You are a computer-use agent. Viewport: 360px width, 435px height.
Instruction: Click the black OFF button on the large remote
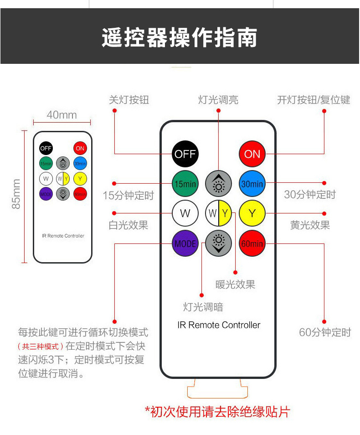pos(185,154)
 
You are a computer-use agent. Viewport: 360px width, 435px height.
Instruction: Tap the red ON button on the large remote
pos(252,154)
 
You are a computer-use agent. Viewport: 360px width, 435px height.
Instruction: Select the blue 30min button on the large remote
pos(252,184)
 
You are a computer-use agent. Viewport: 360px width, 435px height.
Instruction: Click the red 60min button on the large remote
pos(252,243)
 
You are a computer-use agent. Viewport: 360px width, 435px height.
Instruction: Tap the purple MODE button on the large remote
pos(185,243)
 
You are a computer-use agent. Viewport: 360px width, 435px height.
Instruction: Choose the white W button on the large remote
pos(185,213)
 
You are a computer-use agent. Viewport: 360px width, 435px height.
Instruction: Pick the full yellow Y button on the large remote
pos(252,213)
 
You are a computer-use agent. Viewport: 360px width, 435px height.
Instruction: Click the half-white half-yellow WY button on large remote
pos(219,213)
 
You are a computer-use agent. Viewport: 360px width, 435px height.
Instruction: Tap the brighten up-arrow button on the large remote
pos(219,184)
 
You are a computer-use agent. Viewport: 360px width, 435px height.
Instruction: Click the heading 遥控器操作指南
pos(180,37)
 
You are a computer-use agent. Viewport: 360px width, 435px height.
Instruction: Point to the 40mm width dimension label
pos(62,114)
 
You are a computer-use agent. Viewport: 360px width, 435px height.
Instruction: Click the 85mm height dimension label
pos(17,194)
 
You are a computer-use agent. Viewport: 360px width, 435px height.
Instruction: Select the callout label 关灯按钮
pos(129,100)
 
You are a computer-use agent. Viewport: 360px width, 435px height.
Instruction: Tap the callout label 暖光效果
pos(235,285)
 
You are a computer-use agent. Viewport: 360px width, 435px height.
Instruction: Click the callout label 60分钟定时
pos(325,332)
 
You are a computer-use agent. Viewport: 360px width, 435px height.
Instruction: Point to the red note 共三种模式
pos(41,347)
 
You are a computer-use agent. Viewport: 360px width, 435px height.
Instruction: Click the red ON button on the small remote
pos(80,148)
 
